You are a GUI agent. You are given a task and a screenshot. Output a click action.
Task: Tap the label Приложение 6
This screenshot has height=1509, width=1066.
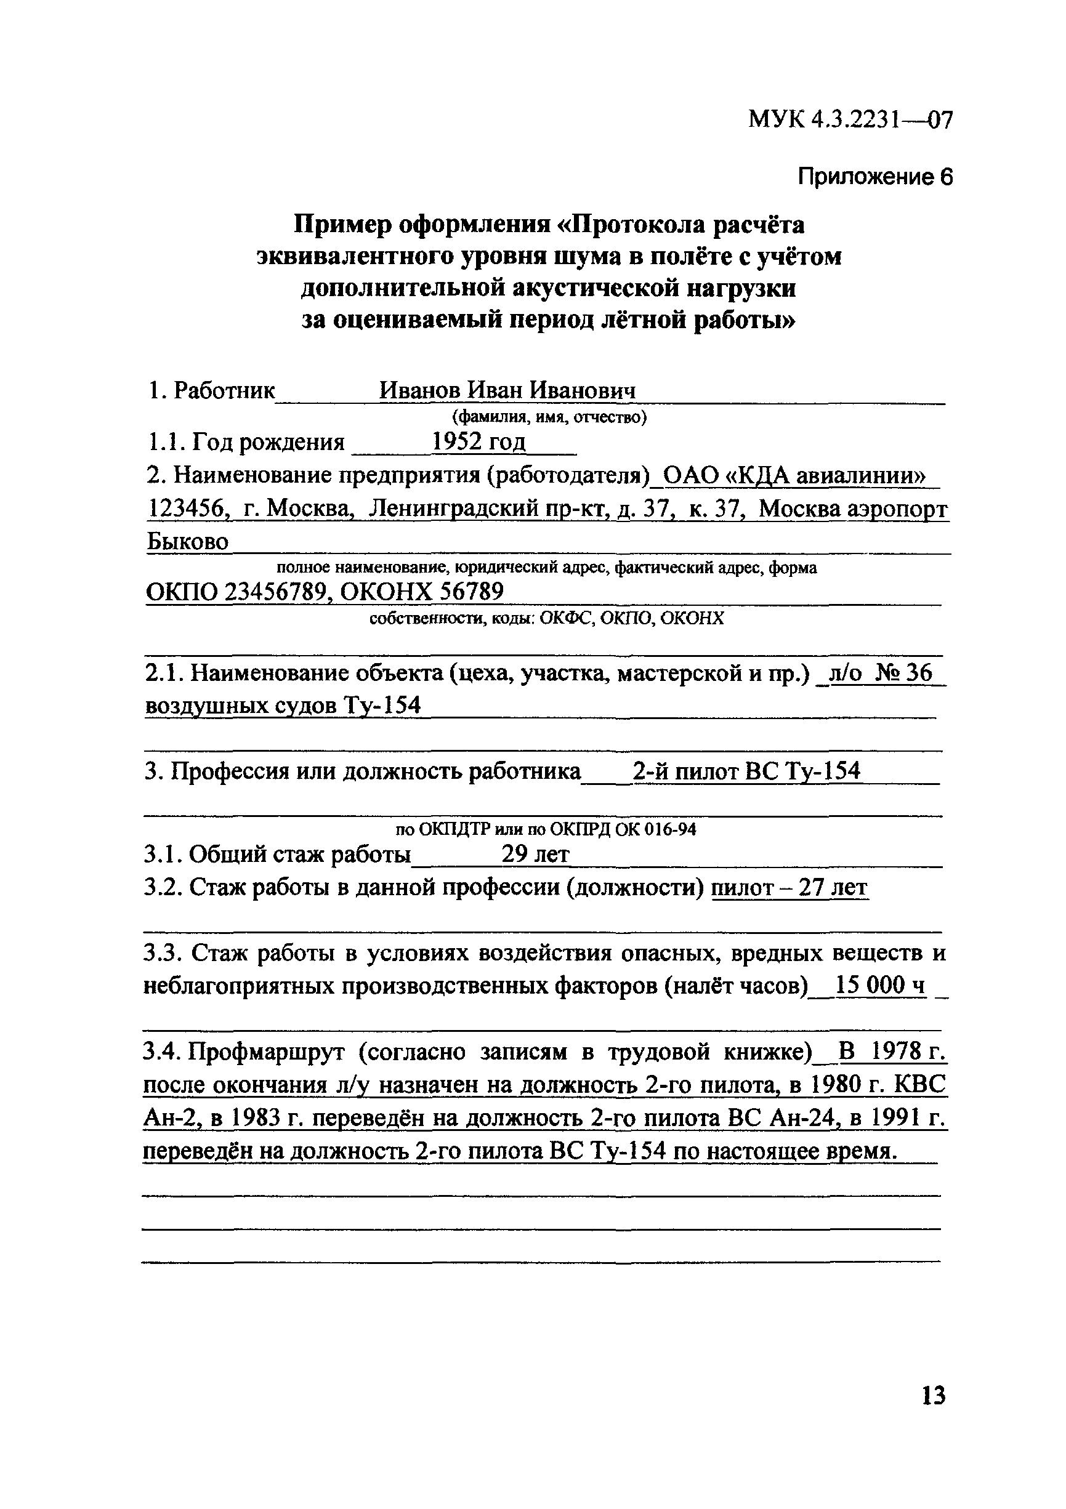pyautogui.click(x=874, y=177)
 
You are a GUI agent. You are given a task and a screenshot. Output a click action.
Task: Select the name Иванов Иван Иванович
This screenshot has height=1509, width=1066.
pyautogui.click(x=507, y=390)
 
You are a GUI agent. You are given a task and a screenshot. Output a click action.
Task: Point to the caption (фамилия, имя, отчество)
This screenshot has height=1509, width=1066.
pyautogui.click(x=549, y=417)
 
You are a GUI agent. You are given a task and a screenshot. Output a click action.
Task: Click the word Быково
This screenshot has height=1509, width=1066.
pyautogui.click(x=187, y=542)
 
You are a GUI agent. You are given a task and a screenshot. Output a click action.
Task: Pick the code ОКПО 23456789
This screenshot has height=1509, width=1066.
pyautogui.click(x=237, y=592)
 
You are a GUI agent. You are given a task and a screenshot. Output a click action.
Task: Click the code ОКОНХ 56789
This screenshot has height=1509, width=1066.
pyautogui.click(x=422, y=592)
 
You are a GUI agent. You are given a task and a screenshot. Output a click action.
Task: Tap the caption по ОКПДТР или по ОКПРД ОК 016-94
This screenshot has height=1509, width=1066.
pyautogui.click(x=545, y=829)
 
